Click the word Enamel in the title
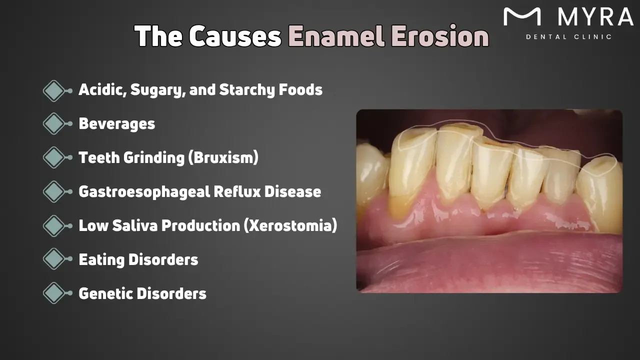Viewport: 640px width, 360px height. tap(337, 36)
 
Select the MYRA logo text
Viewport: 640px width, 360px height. tap(595, 17)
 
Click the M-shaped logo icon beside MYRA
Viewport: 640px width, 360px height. tap(522, 17)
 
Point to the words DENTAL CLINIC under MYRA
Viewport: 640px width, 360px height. tap(568, 37)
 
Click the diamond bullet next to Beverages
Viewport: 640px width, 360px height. tap(54, 123)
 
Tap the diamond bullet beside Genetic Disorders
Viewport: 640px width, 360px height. tap(54, 293)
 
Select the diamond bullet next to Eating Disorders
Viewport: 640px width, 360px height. tap(54, 259)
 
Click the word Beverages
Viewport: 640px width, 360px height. tap(116, 124)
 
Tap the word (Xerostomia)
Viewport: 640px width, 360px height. tap(290, 226)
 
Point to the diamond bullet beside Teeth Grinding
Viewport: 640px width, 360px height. tap(54, 157)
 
